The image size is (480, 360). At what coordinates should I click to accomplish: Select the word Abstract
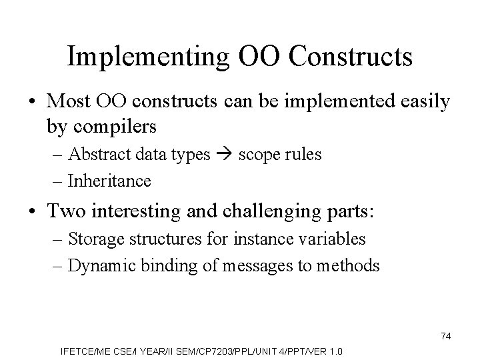point(93,155)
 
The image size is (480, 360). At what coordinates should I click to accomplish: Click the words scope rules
point(279,155)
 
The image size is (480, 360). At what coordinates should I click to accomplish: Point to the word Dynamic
point(94,266)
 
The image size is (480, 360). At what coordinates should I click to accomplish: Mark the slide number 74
point(445,337)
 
